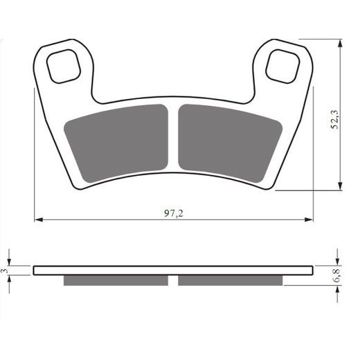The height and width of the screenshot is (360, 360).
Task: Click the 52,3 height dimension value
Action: [x=334, y=117]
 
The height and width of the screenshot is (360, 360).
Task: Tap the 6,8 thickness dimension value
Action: [x=337, y=276]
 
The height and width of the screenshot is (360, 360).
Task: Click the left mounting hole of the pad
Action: [x=66, y=66]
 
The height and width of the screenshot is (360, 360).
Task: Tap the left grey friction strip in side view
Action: [x=116, y=280]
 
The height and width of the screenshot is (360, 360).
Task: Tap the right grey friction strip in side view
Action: [x=231, y=280]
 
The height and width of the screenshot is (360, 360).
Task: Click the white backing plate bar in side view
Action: [x=173, y=270]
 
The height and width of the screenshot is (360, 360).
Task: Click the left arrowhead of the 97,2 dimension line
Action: [x=37, y=220]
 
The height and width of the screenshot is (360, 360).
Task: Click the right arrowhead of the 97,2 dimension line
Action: [x=310, y=220]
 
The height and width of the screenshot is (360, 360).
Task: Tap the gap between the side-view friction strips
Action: [x=174, y=280]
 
